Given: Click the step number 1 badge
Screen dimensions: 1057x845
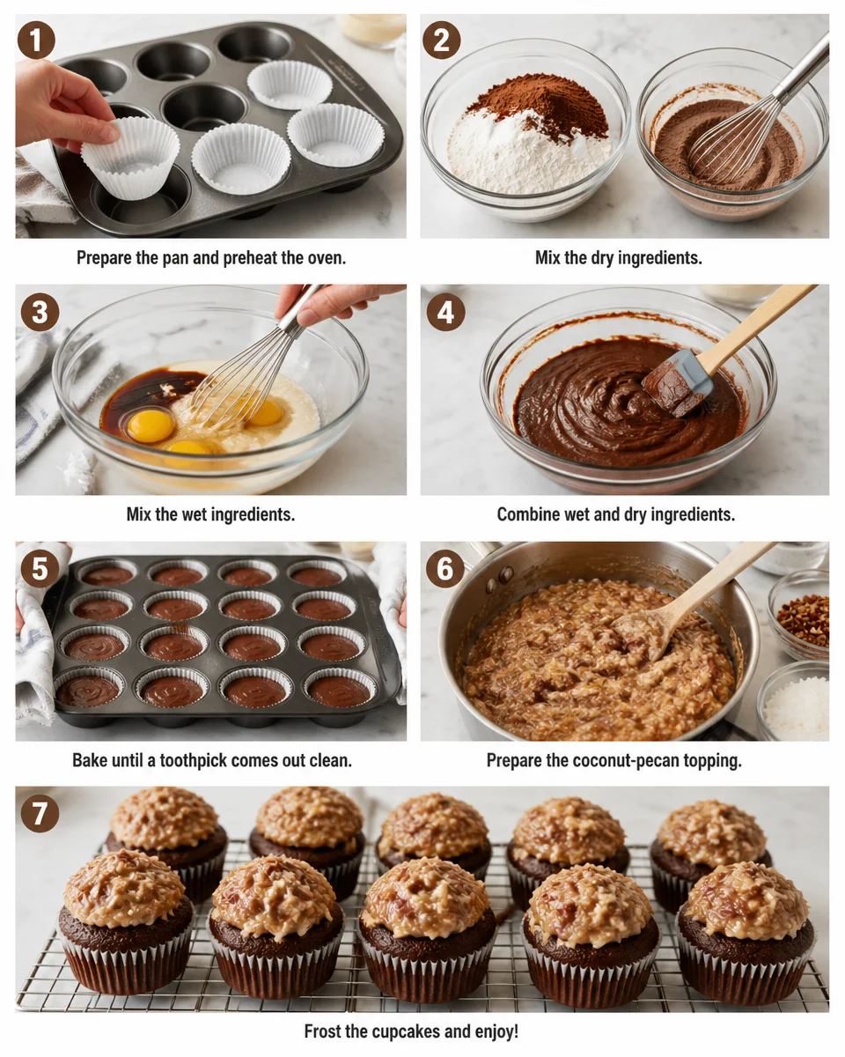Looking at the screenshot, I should [37, 41].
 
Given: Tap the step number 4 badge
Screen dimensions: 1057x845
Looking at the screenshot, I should [445, 312].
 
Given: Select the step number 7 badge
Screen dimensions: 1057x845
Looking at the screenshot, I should [40, 813].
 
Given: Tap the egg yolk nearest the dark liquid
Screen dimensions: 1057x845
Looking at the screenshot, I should [151, 425].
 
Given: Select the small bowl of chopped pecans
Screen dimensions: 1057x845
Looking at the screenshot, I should [804, 617].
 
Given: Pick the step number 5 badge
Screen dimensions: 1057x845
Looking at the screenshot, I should [40, 569].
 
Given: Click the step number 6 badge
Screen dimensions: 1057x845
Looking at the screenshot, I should [445, 569].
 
